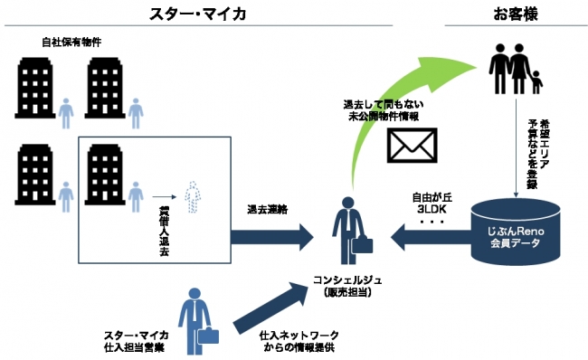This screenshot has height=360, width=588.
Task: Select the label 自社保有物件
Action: click(70, 43)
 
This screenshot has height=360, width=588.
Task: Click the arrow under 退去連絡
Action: click(271, 238)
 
